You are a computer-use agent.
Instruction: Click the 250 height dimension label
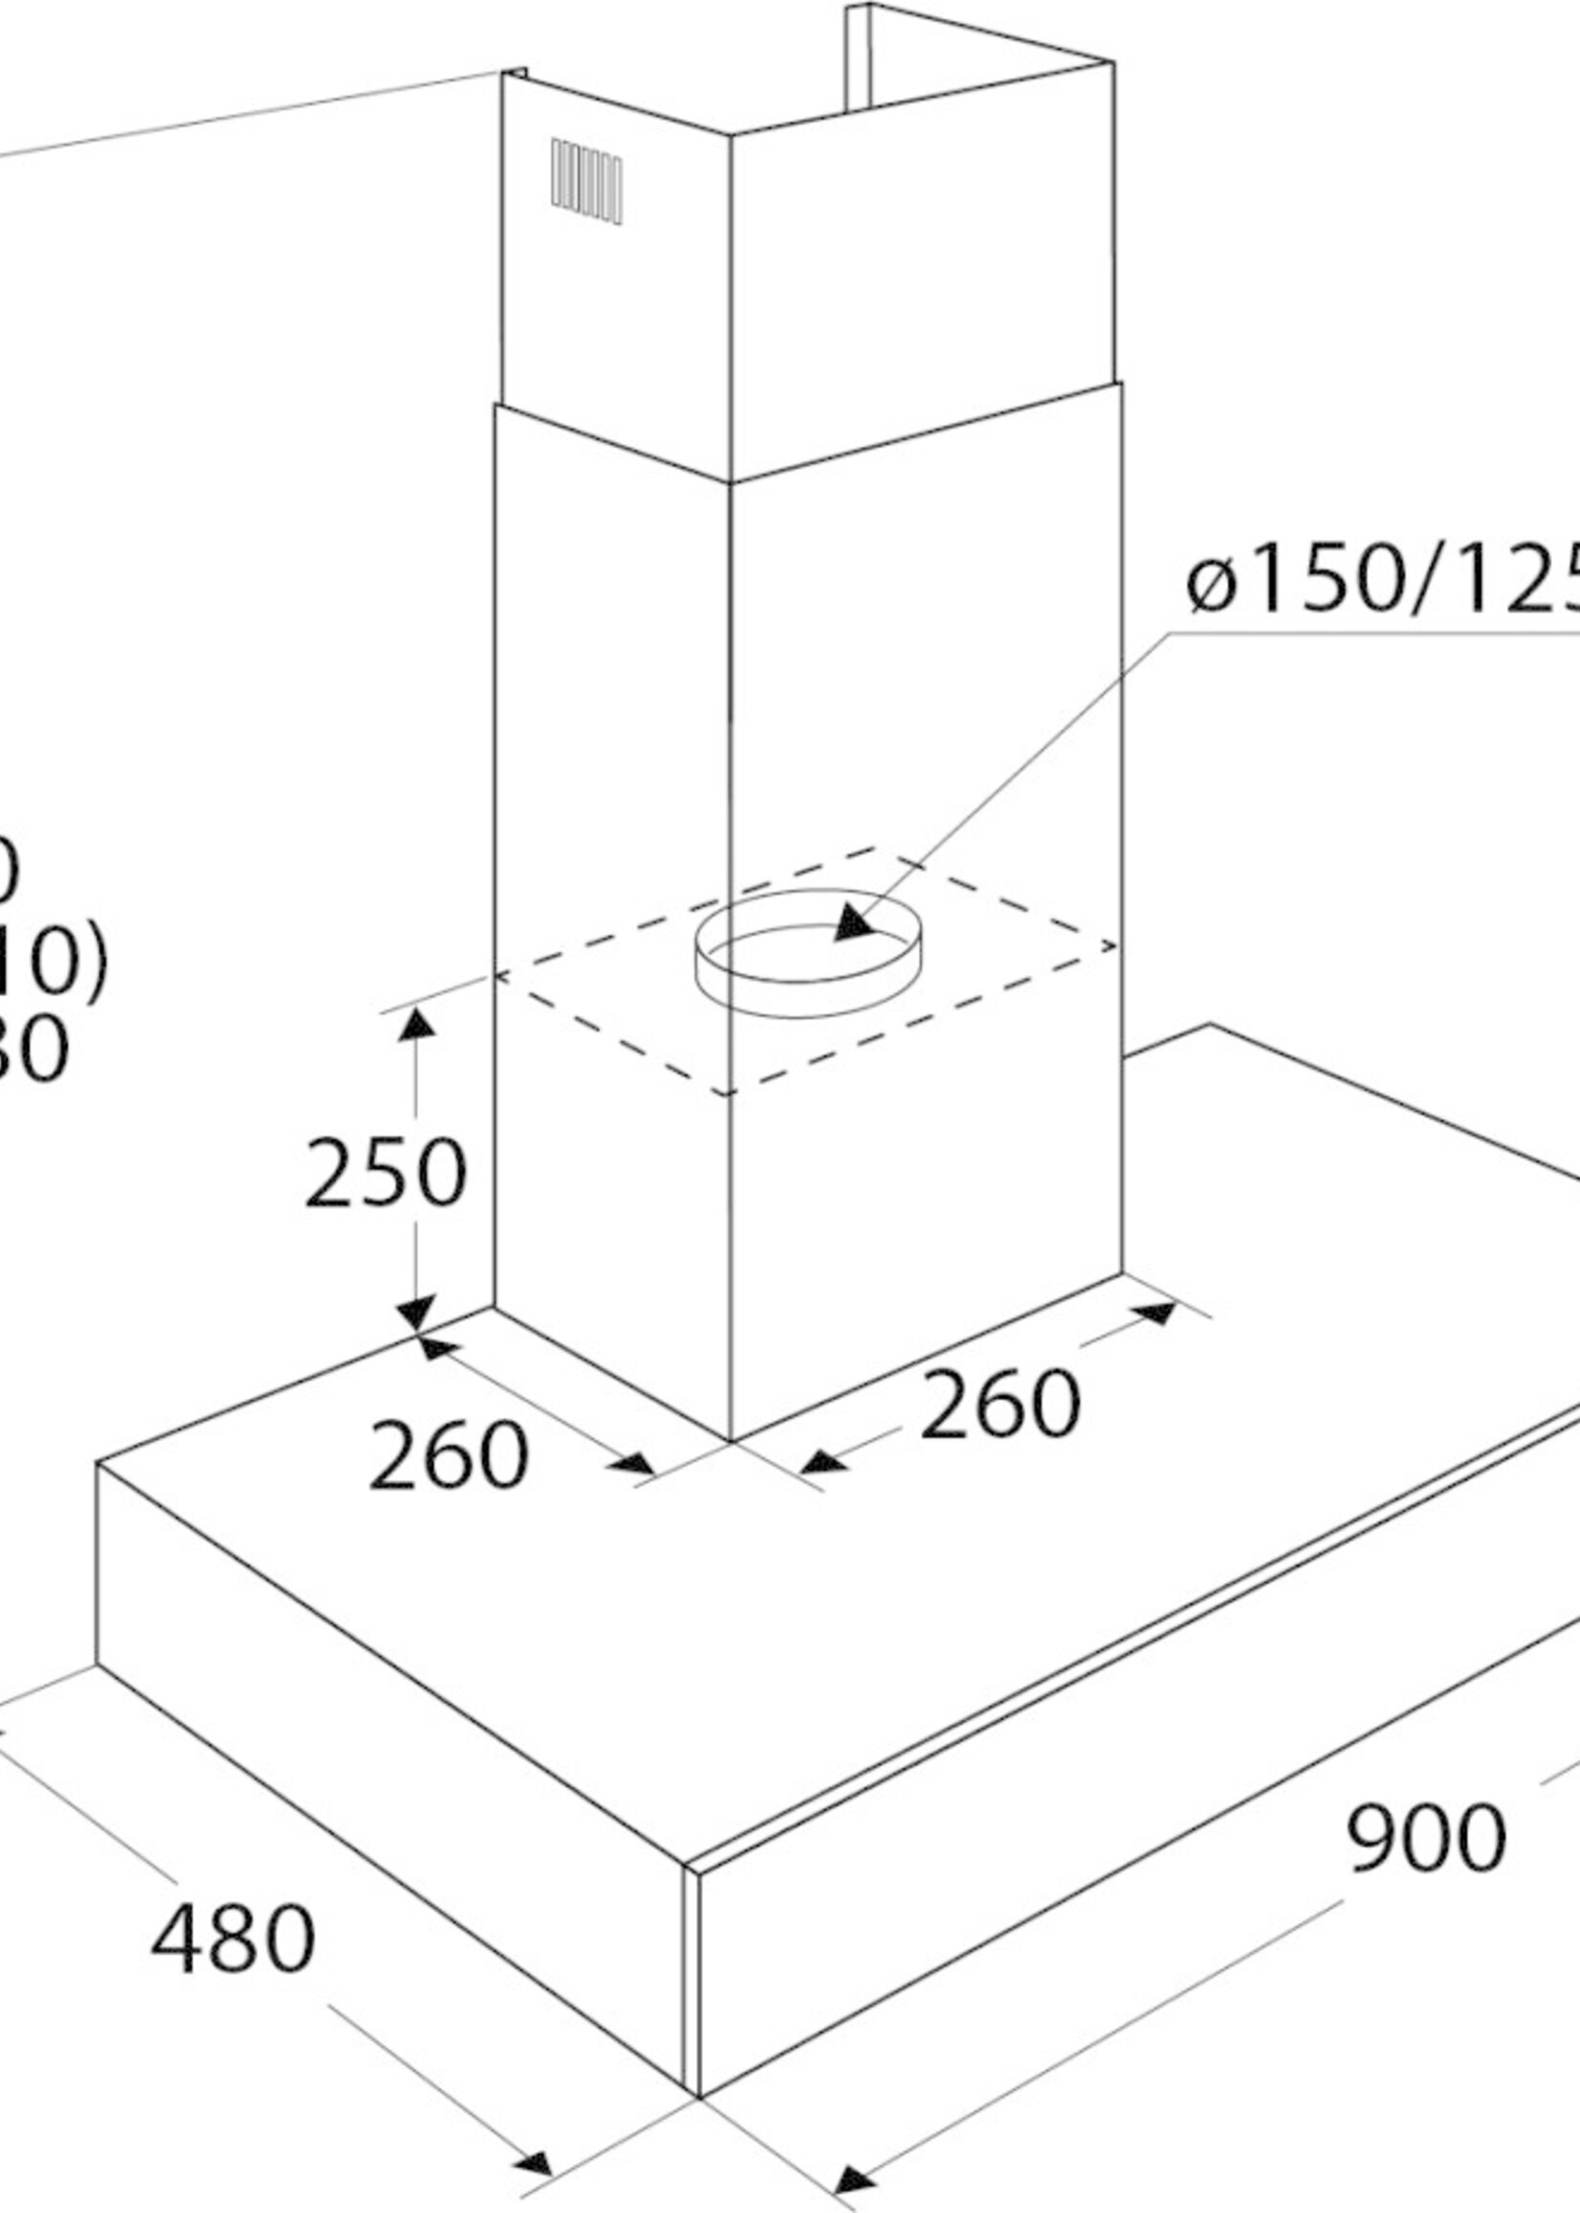coord(385,1173)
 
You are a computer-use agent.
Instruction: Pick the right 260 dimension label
coord(999,1405)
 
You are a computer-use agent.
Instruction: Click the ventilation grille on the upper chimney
coord(586,181)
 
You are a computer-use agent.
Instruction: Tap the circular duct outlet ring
coord(807,954)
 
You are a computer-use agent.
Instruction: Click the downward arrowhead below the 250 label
coord(416,1312)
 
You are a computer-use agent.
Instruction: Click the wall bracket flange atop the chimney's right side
coord(856,58)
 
